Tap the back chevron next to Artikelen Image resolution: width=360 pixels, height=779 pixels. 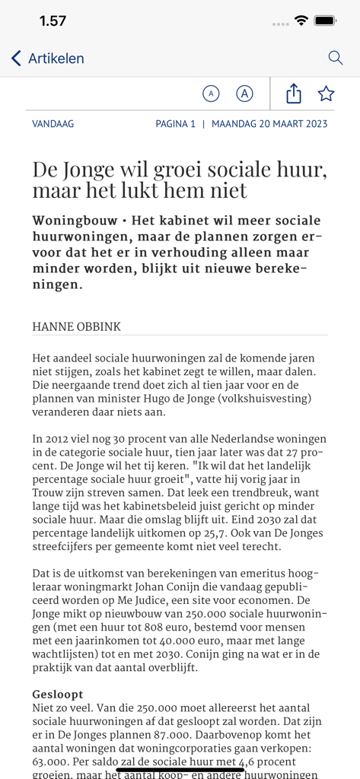(x=16, y=59)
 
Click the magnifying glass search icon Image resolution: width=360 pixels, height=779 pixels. (x=335, y=58)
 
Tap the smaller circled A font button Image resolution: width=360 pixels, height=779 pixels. (x=211, y=94)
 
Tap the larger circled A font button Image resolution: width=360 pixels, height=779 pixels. (x=244, y=94)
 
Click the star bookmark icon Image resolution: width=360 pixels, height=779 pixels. (x=326, y=94)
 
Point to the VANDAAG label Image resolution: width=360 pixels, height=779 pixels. (x=53, y=123)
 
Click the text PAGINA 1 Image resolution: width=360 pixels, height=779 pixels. (x=176, y=123)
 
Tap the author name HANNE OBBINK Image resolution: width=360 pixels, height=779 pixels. (x=76, y=326)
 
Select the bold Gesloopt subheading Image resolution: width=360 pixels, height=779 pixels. (x=58, y=695)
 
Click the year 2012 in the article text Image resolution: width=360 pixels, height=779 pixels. (x=59, y=439)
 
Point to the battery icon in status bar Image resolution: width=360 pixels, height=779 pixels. (x=325, y=21)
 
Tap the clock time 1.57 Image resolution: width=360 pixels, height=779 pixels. (x=53, y=21)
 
